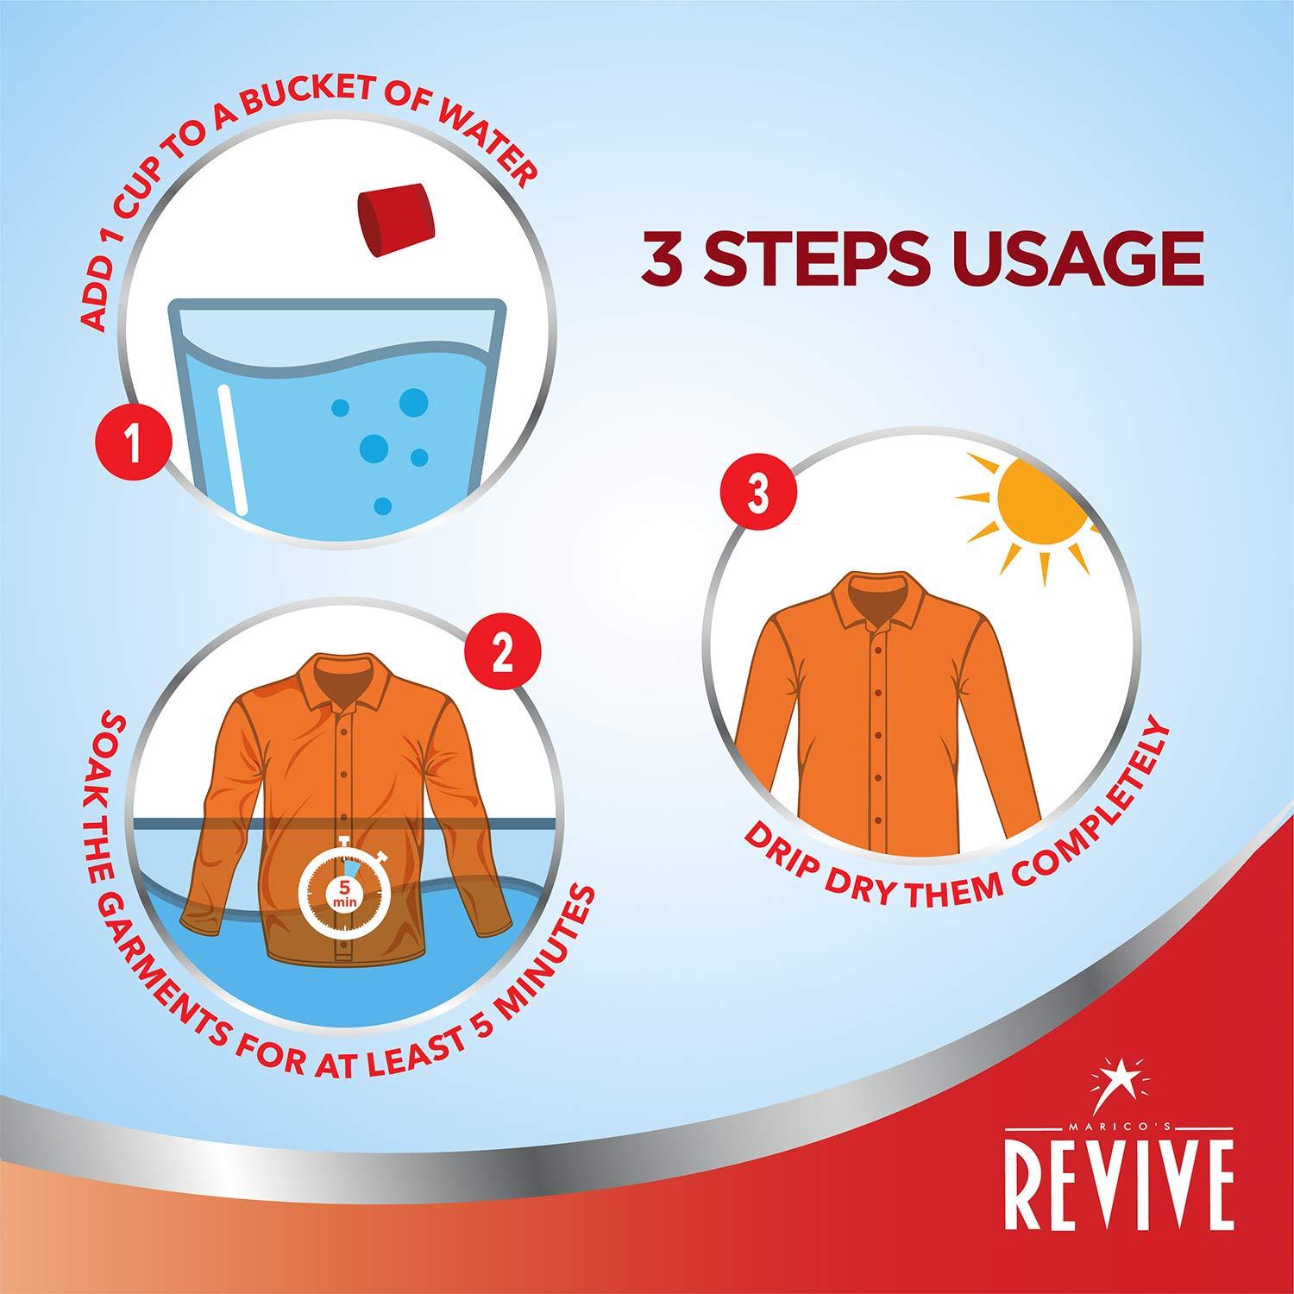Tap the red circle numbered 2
(503, 656)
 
